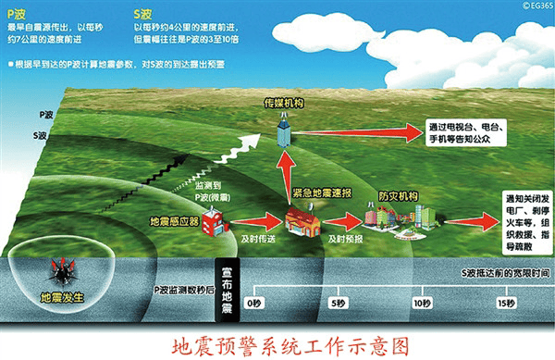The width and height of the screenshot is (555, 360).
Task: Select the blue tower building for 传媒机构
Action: (x=285, y=132)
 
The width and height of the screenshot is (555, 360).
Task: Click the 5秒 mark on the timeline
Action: (x=337, y=303)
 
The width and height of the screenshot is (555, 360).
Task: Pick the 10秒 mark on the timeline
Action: (x=423, y=303)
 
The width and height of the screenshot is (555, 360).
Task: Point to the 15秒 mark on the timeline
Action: (x=505, y=303)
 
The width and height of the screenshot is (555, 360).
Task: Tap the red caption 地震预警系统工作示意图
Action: (x=277, y=344)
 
